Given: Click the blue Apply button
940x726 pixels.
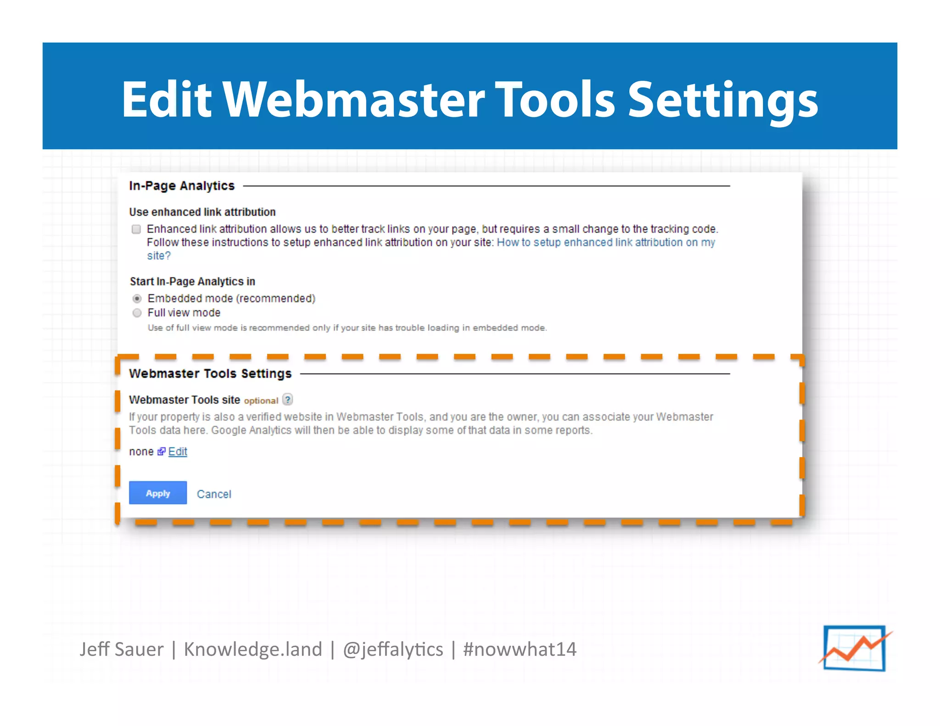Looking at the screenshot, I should [157, 493].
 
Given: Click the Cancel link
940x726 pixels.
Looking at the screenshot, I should [214, 494].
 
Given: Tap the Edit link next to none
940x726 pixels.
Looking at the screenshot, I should [178, 452].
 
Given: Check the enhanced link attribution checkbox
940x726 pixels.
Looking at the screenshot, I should [136, 229].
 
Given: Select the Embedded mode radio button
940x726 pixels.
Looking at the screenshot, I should [137, 299].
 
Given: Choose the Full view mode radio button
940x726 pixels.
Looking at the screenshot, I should [137, 313].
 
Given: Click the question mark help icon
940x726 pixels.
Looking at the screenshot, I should [287, 400].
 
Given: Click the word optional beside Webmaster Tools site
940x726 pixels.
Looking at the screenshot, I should [261, 401].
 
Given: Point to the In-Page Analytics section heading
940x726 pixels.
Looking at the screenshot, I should [182, 186].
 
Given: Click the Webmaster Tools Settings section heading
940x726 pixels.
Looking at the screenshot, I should [210, 374].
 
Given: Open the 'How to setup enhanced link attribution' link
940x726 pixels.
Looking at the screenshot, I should [605, 242].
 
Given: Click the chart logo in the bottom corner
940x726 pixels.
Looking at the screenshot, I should [855, 648].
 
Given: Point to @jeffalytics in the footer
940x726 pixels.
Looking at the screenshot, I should [393, 649].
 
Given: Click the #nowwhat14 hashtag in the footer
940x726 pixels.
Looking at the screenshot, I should [520, 649].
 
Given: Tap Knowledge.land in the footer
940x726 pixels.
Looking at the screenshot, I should [253, 649].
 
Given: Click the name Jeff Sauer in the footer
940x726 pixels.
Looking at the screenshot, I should [122, 649].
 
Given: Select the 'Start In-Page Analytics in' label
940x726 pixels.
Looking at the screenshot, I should [192, 281].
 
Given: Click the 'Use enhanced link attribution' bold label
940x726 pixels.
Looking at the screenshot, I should [202, 212].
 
